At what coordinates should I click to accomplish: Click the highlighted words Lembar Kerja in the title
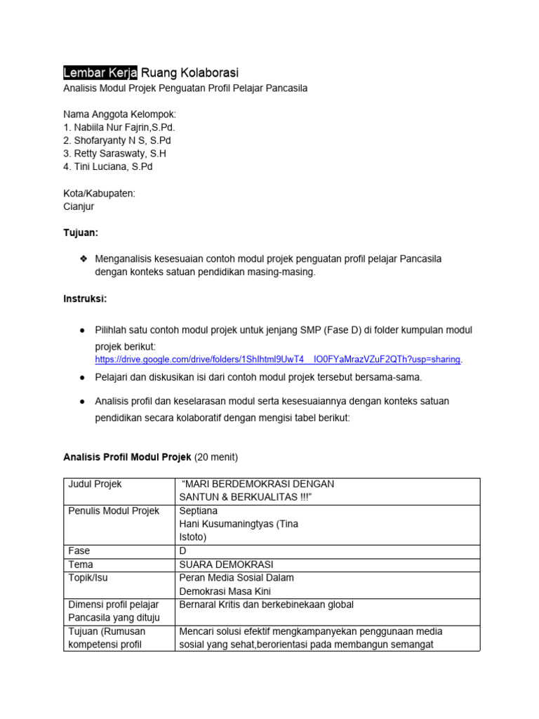tap(101, 72)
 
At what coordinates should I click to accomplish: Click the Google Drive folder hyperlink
tap(279, 359)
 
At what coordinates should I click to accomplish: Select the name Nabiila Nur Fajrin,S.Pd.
tap(119, 128)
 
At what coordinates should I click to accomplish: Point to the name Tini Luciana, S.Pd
tap(107, 166)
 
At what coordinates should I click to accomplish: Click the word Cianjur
tap(79, 206)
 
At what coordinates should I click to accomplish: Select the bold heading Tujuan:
tap(81, 232)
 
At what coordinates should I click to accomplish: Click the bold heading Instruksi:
tap(85, 298)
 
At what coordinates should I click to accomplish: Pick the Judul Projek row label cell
tap(94, 484)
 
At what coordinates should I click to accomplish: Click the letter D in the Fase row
tap(184, 551)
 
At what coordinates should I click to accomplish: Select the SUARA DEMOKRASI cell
tap(226, 565)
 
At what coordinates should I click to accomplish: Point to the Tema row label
tap(81, 565)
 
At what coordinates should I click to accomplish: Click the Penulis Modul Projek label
tap(113, 511)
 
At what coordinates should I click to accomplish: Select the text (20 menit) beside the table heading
tap(216, 458)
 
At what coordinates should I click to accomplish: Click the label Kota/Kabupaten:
tap(99, 193)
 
